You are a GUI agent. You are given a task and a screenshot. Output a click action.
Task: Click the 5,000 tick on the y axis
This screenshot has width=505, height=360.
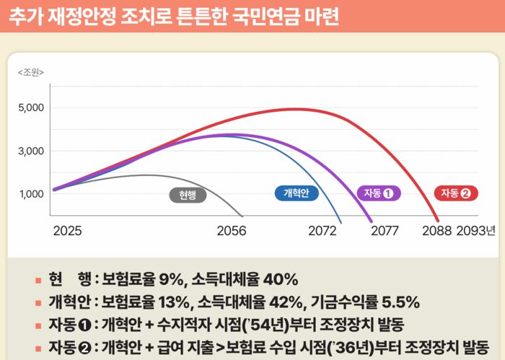30,108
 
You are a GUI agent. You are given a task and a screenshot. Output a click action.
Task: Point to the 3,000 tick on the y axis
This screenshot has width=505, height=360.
30,152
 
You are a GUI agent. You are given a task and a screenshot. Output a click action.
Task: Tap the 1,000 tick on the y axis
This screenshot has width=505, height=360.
30,194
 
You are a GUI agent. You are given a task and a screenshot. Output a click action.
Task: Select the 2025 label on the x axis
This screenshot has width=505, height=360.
67,232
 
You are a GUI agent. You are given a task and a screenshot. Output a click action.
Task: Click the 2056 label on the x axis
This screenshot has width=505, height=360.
232,232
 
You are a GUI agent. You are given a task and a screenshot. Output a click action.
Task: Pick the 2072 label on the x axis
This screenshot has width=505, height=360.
322,232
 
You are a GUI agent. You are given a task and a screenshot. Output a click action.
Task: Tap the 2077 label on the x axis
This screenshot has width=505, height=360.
385,232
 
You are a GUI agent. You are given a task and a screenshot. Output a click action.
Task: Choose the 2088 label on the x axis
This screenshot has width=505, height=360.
436,232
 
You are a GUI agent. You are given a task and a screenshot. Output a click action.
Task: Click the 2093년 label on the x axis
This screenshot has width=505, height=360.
476,232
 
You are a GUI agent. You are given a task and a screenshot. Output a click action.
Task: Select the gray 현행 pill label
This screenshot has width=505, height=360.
188,194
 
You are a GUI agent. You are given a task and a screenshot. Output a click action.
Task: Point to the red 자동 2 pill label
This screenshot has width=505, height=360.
456,193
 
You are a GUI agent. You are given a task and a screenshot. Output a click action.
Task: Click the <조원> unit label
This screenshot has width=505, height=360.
31,72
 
